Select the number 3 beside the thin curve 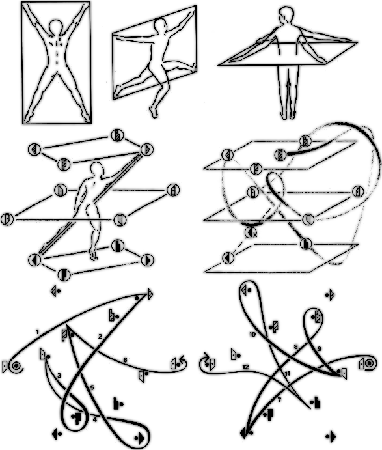click(x=59, y=376)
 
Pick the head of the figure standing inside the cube click(x=97, y=170)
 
